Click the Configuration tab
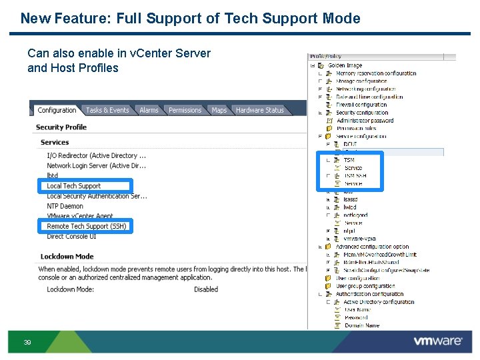click(x=57, y=110)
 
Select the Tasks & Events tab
click(x=107, y=110)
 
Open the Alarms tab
click(x=149, y=110)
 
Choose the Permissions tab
click(x=185, y=110)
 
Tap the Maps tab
click(x=219, y=110)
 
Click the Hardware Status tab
click(x=259, y=110)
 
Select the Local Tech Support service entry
click(x=74, y=186)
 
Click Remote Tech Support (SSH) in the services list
click(x=87, y=227)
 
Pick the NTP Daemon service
click(x=65, y=206)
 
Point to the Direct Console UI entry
click(x=71, y=237)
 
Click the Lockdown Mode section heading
click(x=67, y=257)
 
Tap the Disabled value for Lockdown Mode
click(x=206, y=289)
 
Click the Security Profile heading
click(x=61, y=127)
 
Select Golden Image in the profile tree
click(x=345, y=65)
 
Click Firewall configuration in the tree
click(x=361, y=105)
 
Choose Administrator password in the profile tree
click(x=365, y=121)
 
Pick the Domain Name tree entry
click(x=362, y=325)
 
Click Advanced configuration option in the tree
click(x=372, y=247)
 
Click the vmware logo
click(x=437, y=341)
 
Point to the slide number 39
click(x=27, y=343)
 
